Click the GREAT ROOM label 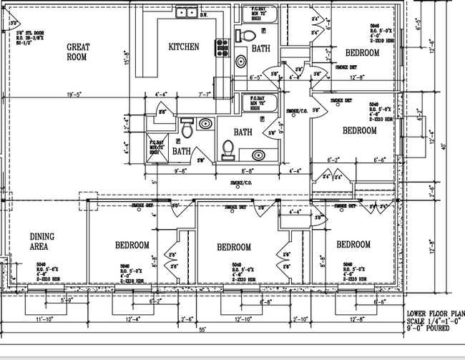click(x=77, y=52)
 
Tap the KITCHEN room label click(x=183, y=47)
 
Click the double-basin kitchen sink click(x=187, y=12)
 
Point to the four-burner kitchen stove click(x=222, y=47)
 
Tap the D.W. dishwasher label click(x=203, y=14)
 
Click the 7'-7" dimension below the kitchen click(x=204, y=93)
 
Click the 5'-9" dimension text click(x=69, y=300)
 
